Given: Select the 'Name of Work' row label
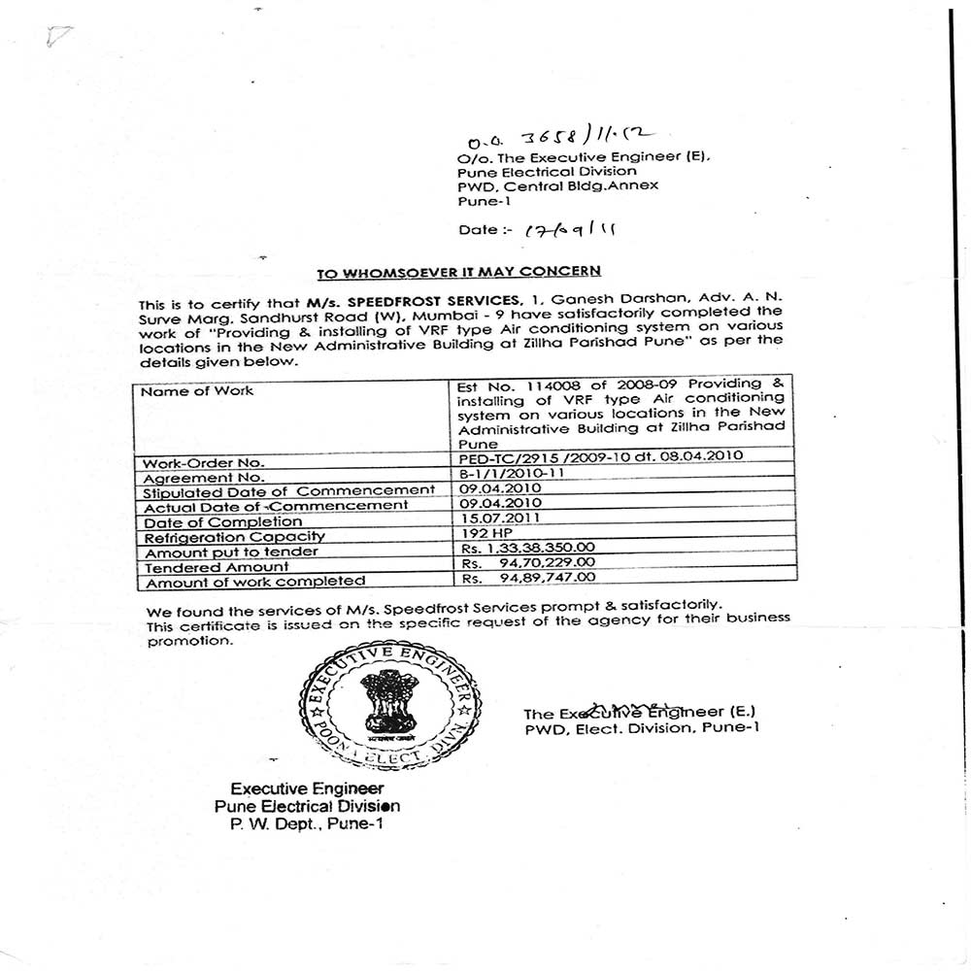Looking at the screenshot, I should [x=197, y=391].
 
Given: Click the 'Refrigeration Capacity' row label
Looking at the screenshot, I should [x=234, y=536].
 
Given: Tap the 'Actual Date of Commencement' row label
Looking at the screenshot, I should [x=276, y=506].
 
